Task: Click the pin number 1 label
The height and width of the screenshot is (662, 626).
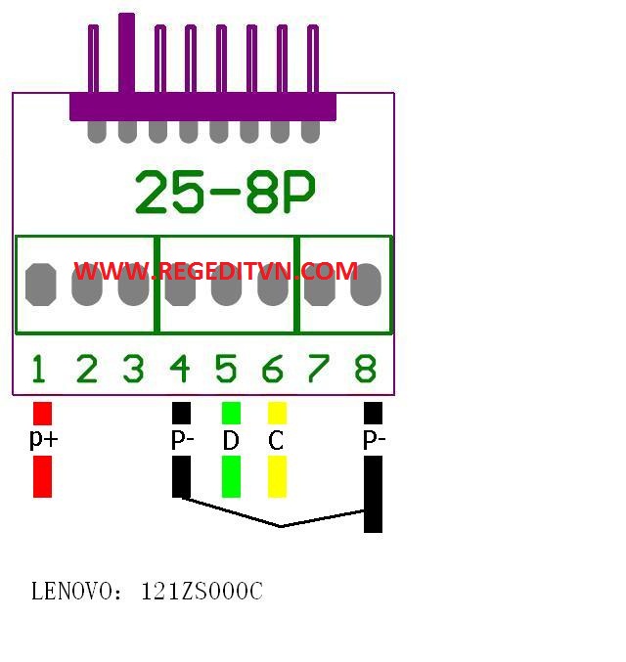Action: click(38, 370)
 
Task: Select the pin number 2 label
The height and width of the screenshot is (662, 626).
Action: click(87, 370)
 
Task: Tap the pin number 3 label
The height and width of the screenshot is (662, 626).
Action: click(133, 370)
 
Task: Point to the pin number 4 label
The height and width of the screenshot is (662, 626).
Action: click(180, 370)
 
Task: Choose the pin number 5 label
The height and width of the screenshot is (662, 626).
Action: click(226, 370)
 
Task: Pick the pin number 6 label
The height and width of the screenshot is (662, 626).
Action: click(273, 370)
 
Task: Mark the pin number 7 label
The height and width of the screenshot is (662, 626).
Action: click(318, 370)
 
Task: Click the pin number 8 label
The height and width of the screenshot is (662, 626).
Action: click(365, 370)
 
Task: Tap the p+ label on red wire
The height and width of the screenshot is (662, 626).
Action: click(43, 439)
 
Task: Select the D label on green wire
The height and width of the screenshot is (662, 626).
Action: click(231, 441)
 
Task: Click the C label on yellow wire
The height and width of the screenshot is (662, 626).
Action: click(276, 441)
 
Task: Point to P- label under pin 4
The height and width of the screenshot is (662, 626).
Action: click(182, 441)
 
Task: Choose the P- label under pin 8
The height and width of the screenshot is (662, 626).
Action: click(374, 441)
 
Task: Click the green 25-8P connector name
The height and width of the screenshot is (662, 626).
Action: click(225, 193)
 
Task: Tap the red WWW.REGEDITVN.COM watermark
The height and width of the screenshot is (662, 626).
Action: click(215, 271)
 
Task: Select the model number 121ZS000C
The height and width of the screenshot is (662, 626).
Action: click(201, 592)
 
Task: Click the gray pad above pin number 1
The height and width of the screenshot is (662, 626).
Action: click(40, 285)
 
